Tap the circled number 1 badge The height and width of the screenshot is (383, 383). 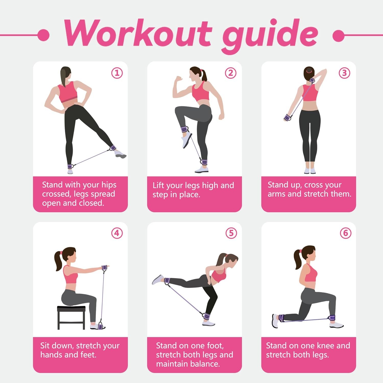[x=117, y=73]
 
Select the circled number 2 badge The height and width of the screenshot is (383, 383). [x=231, y=73]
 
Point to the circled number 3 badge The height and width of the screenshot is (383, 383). [x=344, y=73]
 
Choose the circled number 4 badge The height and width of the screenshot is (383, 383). [x=117, y=233]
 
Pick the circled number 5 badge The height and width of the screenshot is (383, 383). [x=231, y=233]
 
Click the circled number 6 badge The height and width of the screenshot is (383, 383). [x=345, y=233]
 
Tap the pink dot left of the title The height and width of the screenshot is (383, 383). [x=43, y=35]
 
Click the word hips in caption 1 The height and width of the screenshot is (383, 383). [x=109, y=185]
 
